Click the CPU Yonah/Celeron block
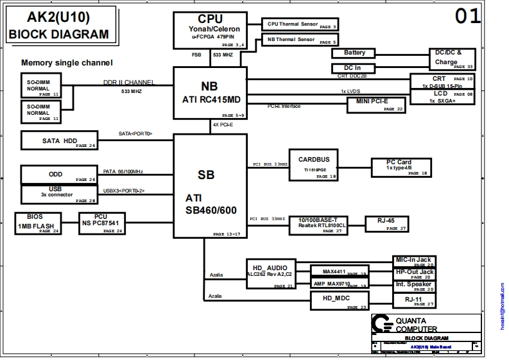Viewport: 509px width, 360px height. coord(211,30)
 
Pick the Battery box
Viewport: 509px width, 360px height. coord(354,53)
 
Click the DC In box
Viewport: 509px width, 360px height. coord(352,68)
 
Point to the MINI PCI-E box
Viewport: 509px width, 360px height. coord(377,105)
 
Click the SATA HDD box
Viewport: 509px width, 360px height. coord(60,141)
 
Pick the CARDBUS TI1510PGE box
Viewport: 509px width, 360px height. coord(314,165)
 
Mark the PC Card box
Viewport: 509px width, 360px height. coord(399,167)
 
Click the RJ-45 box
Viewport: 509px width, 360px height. coord(386,223)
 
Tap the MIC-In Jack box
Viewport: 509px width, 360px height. coord(413,261)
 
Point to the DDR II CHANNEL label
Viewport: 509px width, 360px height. coord(128,83)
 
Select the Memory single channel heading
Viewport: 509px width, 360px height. coord(67,63)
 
